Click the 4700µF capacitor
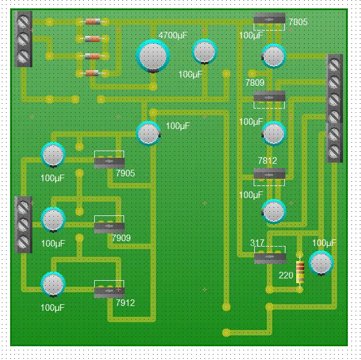click(153, 56)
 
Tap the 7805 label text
click(298, 22)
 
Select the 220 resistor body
click(300, 272)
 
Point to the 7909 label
click(121, 238)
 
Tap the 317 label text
click(257, 242)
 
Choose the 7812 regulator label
click(267, 161)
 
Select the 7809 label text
click(255, 83)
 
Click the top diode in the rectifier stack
click(93, 22)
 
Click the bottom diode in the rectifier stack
click(92, 73)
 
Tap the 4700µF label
click(173, 35)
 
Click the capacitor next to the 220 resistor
click(321, 263)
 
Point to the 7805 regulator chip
click(269, 19)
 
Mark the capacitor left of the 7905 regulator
click(53, 155)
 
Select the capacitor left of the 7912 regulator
click(53, 284)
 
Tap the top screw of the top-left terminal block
click(23, 22)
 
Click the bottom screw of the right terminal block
click(335, 152)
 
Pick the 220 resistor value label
click(286, 275)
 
